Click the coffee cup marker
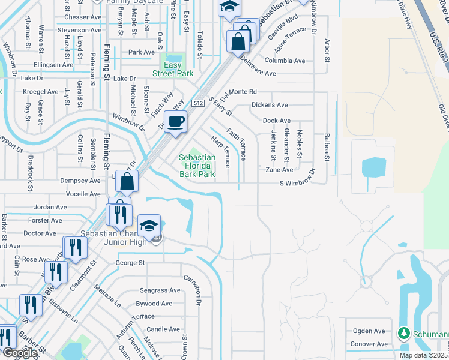click(175, 122)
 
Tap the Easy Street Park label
click(176, 69)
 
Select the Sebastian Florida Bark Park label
click(197, 166)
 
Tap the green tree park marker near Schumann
click(404, 333)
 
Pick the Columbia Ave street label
click(285, 61)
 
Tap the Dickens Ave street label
click(270, 104)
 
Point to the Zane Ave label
click(279, 170)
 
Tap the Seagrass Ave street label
click(160, 290)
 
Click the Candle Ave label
click(163, 329)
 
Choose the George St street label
click(130, 263)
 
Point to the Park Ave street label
click(142, 52)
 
